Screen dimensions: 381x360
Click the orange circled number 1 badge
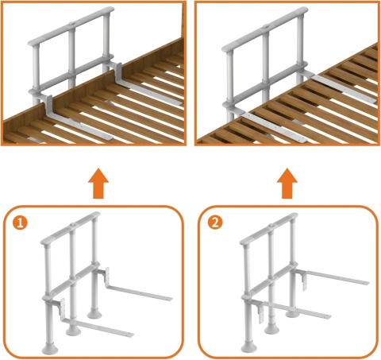pyautogui.click(x=20, y=223)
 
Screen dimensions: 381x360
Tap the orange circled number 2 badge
pyautogui.click(x=215, y=223)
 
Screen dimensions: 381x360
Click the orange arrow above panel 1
pyautogui.click(x=98, y=183)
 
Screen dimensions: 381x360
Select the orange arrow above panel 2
pyautogui.click(x=287, y=183)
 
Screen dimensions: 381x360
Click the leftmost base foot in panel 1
pyautogui.click(x=50, y=348)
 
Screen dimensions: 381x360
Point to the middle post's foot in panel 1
pyautogui.click(x=73, y=331)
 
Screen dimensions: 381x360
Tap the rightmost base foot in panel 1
pyautogui.click(x=94, y=313)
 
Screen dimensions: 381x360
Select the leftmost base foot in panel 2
pyautogui.click(x=249, y=347)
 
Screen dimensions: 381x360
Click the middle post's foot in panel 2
pyautogui.click(x=271, y=329)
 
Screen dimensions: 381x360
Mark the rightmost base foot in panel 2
pyautogui.click(x=292, y=313)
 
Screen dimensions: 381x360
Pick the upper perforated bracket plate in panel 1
pyautogui.click(x=107, y=277)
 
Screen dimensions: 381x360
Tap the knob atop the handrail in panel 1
pyautogui.click(x=72, y=225)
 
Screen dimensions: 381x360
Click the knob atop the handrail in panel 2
pyautogui.click(x=271, y=226)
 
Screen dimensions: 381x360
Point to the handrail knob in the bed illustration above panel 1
pyautogui.click(x=71, y=24)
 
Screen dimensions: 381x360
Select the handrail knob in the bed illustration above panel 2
pyautogui.click(x=266, y=26)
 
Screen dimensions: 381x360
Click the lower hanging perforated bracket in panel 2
pyautogui.click(x=261, y=313)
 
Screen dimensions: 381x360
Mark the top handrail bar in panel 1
pyautogui.click(x=71, y=228)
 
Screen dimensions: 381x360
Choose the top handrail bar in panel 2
pyautogui.click(x=269, y=229)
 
